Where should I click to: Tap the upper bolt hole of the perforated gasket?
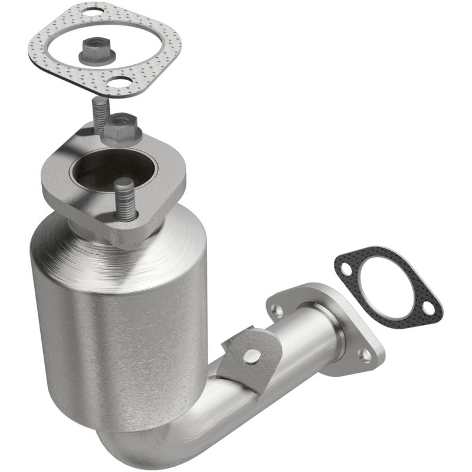pyautogui.click(x=91, y=11)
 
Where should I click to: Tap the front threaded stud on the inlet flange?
pyautogui.click(x=124, y=200)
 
